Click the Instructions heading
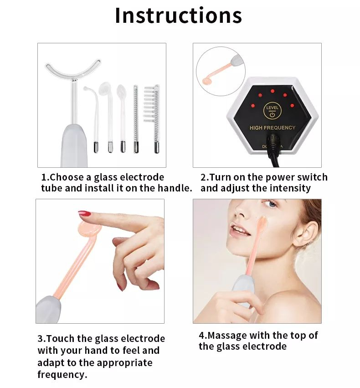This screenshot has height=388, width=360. pos(178,16)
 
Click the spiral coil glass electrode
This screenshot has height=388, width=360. pos(135,119)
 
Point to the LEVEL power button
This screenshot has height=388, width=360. pos(272,111)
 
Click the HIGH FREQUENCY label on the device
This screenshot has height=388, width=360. pos(273,128)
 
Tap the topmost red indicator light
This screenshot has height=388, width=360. pos(272,91)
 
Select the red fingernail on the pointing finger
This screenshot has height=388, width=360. pos(83,213)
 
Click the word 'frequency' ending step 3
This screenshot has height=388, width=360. pos(62,374)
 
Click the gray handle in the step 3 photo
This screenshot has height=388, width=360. pos(48,309)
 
